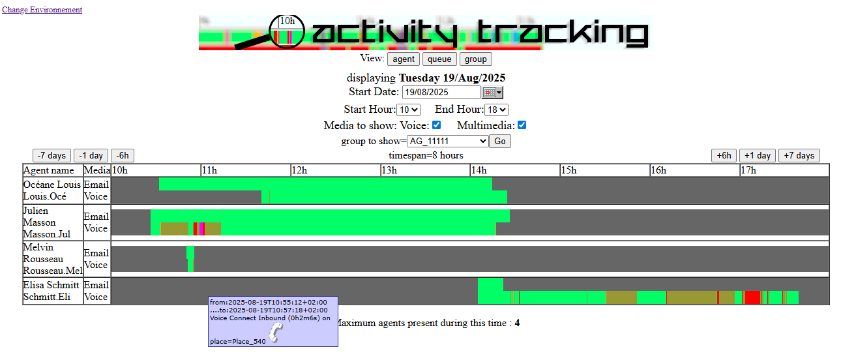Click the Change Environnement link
(x=42, y=10)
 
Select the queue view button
(x=439, y=59)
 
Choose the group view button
(x=475, y=59)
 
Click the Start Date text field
(x=441, y=93)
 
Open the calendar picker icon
(x=492, y=93)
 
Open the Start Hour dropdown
(x=408, y=110)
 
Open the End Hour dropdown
(x=496, y=110)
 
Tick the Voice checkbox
(x=436, y=125)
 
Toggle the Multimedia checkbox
(x=522, y=125)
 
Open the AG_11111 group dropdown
(x=447, y=141)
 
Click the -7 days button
(x=52, y=155)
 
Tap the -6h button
(x=123, y=155)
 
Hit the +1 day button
(x=758, y=155)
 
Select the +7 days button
(x=799, y=155)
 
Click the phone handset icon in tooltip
(x=276, y=333)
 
